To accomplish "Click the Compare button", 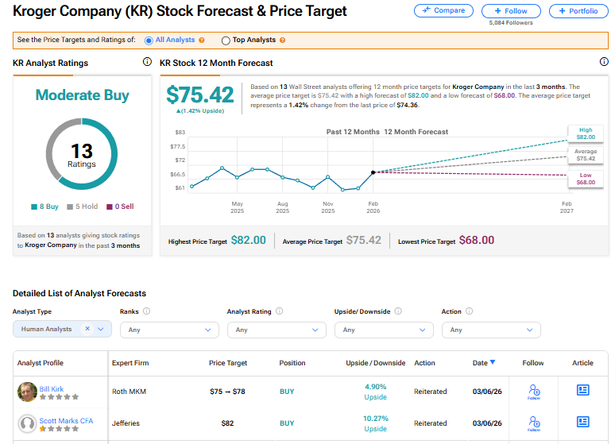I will tap(443, 10).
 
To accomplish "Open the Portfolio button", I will tap(578, 10).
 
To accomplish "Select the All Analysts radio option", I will tap(149, 40).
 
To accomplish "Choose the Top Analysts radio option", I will tap(226, 40).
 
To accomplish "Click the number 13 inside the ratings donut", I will tap(82, 151).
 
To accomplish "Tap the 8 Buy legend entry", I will tap(44, 207).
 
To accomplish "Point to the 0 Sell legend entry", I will tap(120, 207).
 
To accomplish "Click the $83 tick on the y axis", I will tap(180, 132).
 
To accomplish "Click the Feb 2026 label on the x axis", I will tap(373, 207).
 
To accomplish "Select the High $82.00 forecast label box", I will tap(585, 133).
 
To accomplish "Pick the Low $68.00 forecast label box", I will tap(585, 179).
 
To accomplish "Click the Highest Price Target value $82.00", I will tap(248, 241).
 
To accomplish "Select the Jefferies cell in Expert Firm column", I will tap(127, 423).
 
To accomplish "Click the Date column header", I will tap(483, 363).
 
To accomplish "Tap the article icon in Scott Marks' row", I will tap(582, 423).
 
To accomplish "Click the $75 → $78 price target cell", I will tap(228, 392).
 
